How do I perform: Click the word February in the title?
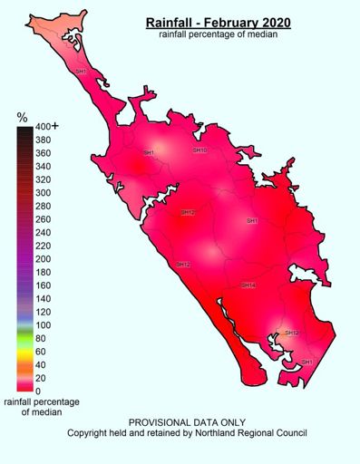point(230,21)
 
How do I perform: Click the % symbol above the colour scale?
point(23,118)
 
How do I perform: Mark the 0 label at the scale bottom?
point(37,391)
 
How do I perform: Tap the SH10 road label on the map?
point(200,150)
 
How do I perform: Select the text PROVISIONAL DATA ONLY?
point(187,422)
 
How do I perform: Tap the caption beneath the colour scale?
point(41,406)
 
